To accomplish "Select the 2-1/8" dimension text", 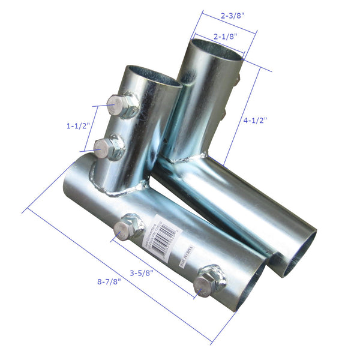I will pos(225,37).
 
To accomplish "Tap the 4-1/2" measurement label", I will pos(256,119).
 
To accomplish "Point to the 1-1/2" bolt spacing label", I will pos(79,126).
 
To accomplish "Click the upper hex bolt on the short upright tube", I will pos(122,106).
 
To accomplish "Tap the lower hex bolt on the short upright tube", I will pos(110,147).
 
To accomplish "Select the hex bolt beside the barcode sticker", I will pos(129,227).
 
